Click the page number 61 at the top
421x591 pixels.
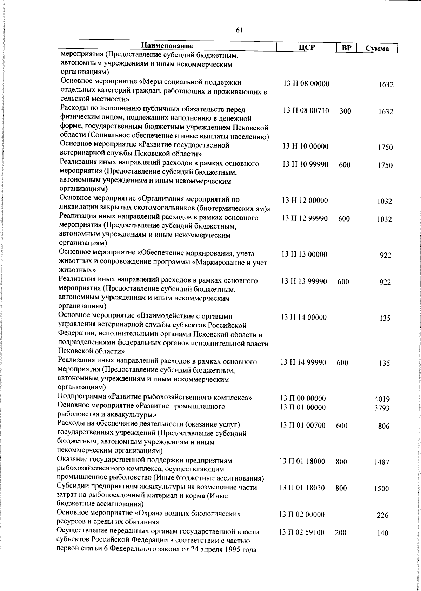tap(239, 30)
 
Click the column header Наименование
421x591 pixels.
tap(167, 46)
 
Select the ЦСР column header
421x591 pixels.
tap(306, 48)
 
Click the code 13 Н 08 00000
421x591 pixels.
tap(306, 84)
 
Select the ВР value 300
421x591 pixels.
tap(345, 111)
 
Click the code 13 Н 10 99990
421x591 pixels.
tap(306, 164)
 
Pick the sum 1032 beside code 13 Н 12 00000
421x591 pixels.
tap(385, 202)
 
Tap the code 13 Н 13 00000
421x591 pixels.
tap(305, 254)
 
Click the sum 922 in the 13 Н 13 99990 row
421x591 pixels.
tap(385, 283)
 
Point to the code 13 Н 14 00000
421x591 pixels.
tap(304, 318)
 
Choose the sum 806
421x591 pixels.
tap(383, 427)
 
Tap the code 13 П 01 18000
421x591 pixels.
tap(302, 462)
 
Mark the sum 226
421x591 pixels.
tap(382, 516)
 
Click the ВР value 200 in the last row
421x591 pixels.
tap(340, 533)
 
